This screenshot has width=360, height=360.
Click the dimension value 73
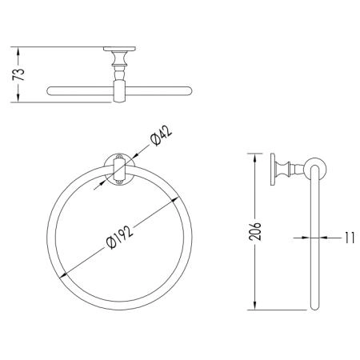pos(18,74)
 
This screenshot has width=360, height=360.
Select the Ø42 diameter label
pos(161,136)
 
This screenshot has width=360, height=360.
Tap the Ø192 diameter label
pos(119,237)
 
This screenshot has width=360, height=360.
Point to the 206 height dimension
pos(254,231)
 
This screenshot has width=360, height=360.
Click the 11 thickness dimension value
pos(350,238)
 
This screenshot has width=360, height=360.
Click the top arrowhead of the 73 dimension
pos(18,52)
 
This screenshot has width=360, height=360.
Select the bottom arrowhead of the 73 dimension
pos(18,98)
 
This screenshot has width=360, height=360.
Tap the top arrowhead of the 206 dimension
pos(254,158)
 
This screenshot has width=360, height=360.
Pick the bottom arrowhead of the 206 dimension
pos(254,305)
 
